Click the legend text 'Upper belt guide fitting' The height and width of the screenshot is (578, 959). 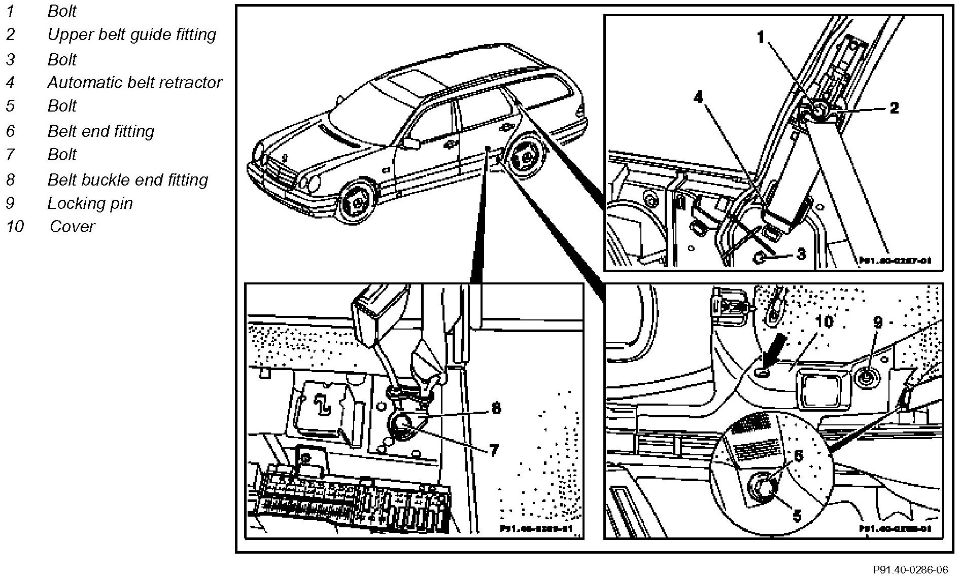point(131,34)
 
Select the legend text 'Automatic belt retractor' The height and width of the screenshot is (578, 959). point(134,82)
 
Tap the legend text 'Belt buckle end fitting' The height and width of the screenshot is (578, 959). point(127,180)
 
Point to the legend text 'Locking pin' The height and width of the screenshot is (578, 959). point(90,203)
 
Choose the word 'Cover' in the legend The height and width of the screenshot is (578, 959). point(72,226)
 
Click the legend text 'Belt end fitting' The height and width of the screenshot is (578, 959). point(100,131)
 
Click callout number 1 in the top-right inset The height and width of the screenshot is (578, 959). point(761,37)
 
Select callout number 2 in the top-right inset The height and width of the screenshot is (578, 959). point(894,107)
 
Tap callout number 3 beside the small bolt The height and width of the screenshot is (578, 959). point(801,253)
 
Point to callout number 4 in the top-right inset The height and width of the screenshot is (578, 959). point(699,97)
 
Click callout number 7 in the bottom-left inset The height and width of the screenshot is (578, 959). point(494,450)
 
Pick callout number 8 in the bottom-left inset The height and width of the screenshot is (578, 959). point(496,408)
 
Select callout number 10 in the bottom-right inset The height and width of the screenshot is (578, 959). point(825,322)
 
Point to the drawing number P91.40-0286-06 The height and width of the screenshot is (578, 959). point(910,569)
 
